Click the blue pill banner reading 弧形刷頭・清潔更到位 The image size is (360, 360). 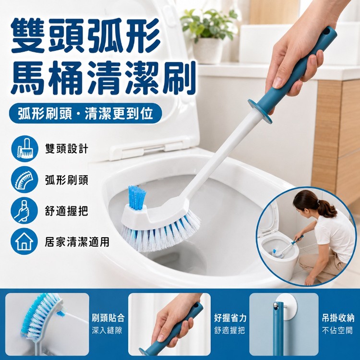pyautogui.click(x=85, y=113)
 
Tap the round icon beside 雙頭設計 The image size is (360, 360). pyautogui.click(x=24, y=149)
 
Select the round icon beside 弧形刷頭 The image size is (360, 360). pyautogui.click(x=24, y=180)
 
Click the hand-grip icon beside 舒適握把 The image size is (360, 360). pyautogui.click(x=24, y=211)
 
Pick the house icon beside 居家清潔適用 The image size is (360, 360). pyautogui.click(x=24, y=241)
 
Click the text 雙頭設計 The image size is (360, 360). pyautogui.click(x=67, y=149)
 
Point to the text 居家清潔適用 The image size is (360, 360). pyautogui.click(x=77, y=242)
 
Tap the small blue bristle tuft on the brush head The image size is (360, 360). pyautogui.click(x=137, y=197)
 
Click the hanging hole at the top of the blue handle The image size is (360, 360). pyautogui.click(x=328, y=32)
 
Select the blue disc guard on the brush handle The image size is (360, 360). pyautogui.click(x=260, y=111)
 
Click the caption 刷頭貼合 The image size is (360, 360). pyautogui.click(x=108, y=318)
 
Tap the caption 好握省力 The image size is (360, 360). pyautogui.click(x=230, y=318)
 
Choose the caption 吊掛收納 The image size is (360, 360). pyautogui.click(x=338, y=318)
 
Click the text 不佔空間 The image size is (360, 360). pyautogui.click(x=337, y=330)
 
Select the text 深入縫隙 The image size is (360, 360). pyautogui.click(x=107, y=330)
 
